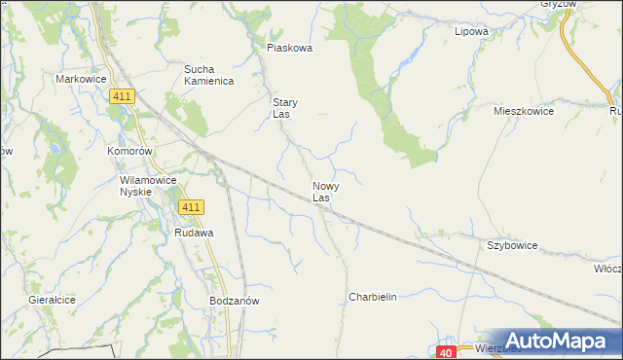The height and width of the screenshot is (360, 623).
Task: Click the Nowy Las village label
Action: click(325, 192)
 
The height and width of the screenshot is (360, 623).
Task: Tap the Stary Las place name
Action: click(284, 108)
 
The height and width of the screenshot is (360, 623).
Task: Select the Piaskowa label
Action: click(289, 48)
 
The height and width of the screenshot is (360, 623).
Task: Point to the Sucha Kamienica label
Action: click(209, 75)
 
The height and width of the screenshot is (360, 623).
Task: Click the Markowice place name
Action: click(80, 79)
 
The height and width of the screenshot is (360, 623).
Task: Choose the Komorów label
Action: click(130, 153)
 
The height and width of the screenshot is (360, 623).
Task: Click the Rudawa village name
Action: click(194, 234)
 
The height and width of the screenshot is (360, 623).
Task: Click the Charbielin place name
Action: click(373, 297)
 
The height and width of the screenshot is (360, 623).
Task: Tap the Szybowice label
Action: click(511, 246)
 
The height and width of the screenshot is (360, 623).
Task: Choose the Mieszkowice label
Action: click(524, 112)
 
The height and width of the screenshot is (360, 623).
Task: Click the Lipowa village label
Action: click(471, 31)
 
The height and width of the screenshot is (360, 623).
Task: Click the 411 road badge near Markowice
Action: click(122, 95)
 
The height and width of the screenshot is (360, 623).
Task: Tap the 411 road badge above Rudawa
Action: click(191, 207)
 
